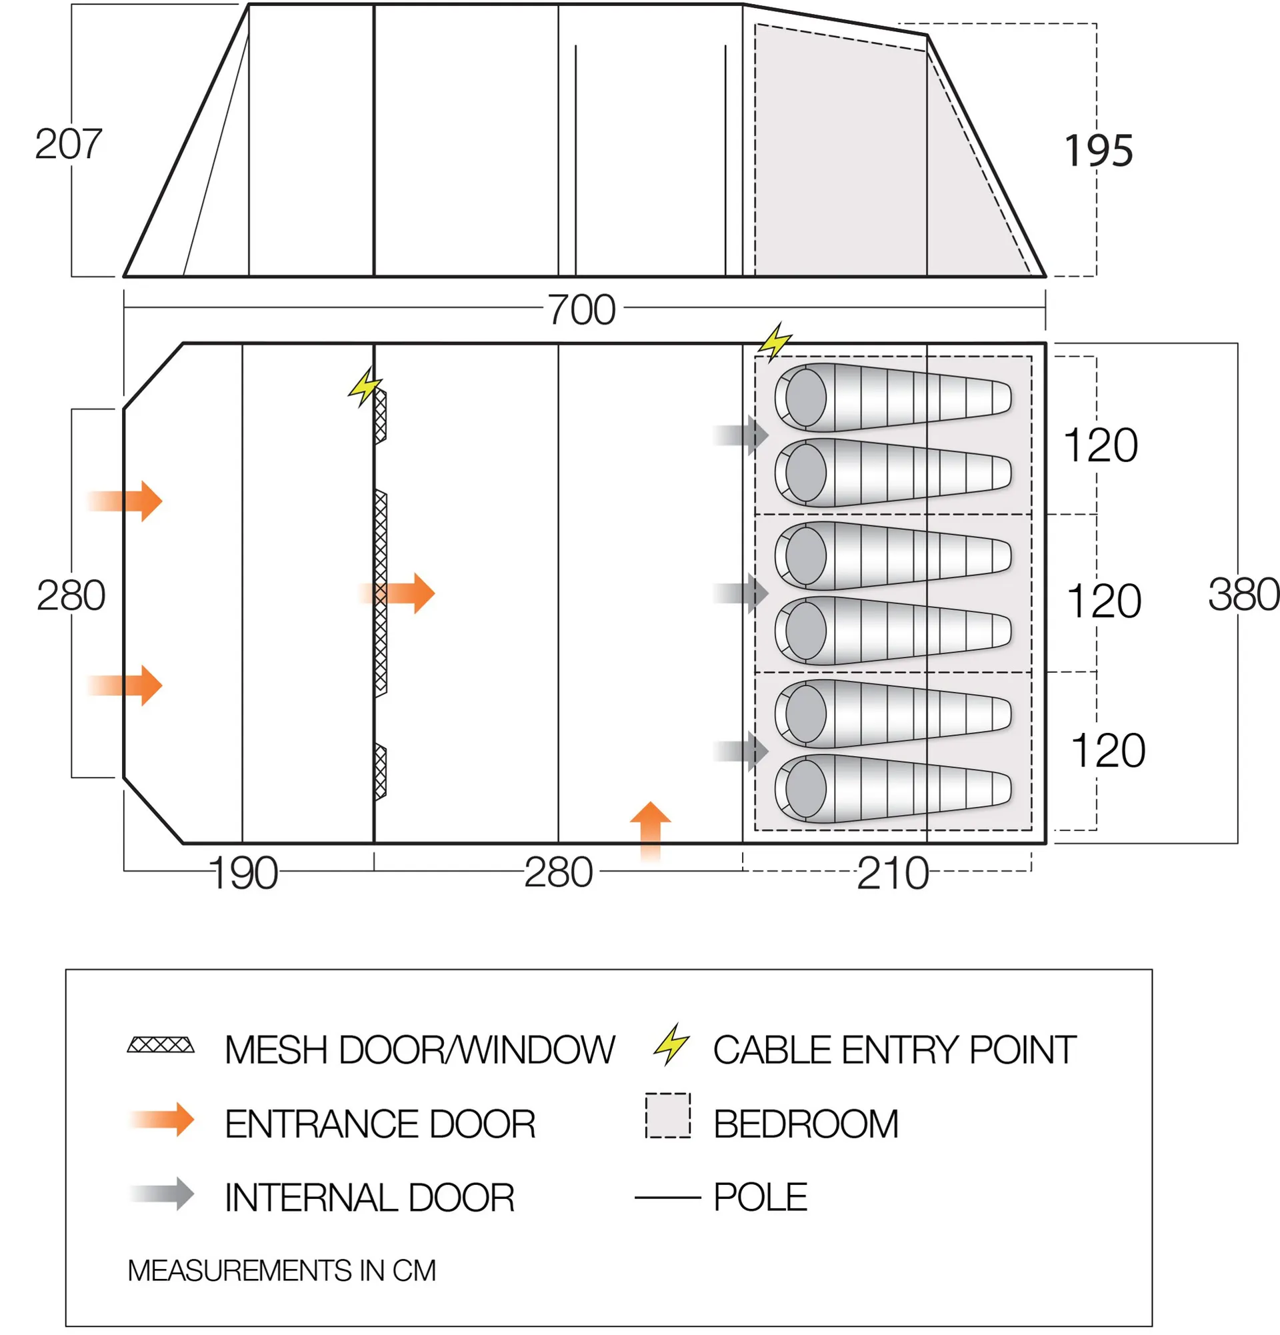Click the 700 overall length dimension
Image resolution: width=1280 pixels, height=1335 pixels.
coord(581,310)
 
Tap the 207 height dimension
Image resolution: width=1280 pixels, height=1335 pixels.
coord(68,145)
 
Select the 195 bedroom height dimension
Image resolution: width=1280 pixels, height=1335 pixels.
coord(1098,151)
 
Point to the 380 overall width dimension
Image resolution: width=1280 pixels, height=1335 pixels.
coord(1243,595)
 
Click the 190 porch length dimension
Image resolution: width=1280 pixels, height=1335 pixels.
coord(244,873)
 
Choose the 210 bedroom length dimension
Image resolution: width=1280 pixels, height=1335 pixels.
coord(893,873)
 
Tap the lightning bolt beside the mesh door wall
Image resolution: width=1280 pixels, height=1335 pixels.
coord(365,387)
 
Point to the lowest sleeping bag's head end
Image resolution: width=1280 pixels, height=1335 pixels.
coord(805,789)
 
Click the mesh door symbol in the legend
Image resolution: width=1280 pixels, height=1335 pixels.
coord(161,1046)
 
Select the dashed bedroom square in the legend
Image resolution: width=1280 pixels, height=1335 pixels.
coord(668,1116)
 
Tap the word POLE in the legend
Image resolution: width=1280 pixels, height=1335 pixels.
coord(760,1197)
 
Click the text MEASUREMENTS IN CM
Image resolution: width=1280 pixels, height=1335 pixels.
coord(281,1271)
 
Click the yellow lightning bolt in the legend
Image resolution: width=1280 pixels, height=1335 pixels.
coord(671,1044)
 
